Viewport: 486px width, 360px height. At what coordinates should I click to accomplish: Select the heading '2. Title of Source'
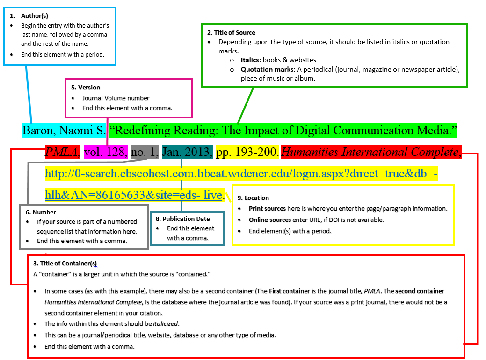tap(231, 33)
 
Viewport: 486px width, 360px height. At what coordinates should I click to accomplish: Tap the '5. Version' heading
tap(86, 87)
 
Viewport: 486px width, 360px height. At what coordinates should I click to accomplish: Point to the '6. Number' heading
tap(41, 212)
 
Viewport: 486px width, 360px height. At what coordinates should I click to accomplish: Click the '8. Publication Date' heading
tap(182, 219)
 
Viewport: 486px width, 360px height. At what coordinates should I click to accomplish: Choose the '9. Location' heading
tap(253, 198)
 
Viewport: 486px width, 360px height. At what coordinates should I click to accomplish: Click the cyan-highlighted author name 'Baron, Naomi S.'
tap(65, 130)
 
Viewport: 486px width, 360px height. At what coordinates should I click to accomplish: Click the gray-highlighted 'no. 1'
tap(145, 152)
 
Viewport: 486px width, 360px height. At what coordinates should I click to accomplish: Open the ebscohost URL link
tap(241, 174)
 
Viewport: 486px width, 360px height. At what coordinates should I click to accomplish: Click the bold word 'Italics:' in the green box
tap(251, 60)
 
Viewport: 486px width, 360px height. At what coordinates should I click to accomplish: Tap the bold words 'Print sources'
tap(267, 209)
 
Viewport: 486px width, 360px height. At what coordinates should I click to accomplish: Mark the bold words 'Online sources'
tap(269, 220)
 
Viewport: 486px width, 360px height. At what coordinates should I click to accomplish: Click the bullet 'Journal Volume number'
tap(116, 98)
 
